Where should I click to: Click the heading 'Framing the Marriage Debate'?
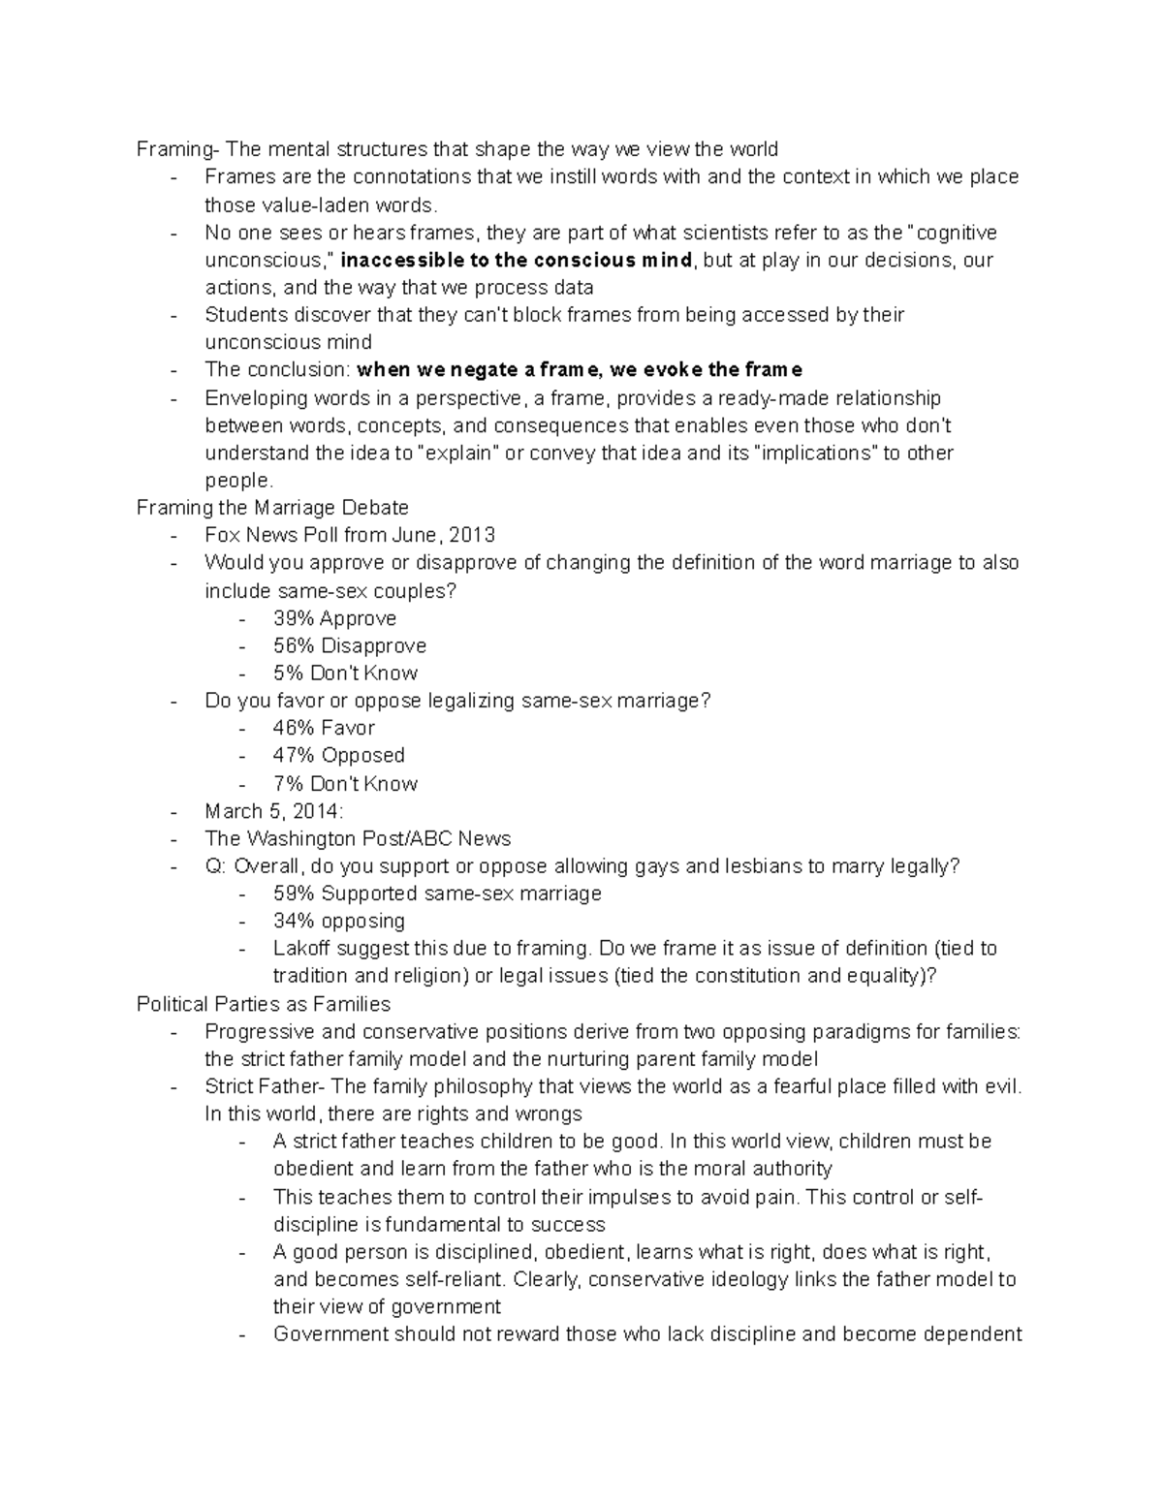pos(272,508)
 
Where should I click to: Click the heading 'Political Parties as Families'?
pos(264,1004)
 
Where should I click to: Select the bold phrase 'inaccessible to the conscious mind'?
pos(518,261)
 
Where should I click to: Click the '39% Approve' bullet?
pos(334,618)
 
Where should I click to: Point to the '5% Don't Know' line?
pos(345,674)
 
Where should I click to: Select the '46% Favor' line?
pos(324,728)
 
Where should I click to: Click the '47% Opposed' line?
pos(338,755)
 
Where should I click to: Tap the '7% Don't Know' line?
pos(345,783)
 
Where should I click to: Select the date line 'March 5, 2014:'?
pos(274,811)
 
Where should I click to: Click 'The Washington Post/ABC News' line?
pos(358,838)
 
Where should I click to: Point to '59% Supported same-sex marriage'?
pos(437,894)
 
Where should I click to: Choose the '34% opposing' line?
pos(338,921)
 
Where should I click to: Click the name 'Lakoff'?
pos(302,949)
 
